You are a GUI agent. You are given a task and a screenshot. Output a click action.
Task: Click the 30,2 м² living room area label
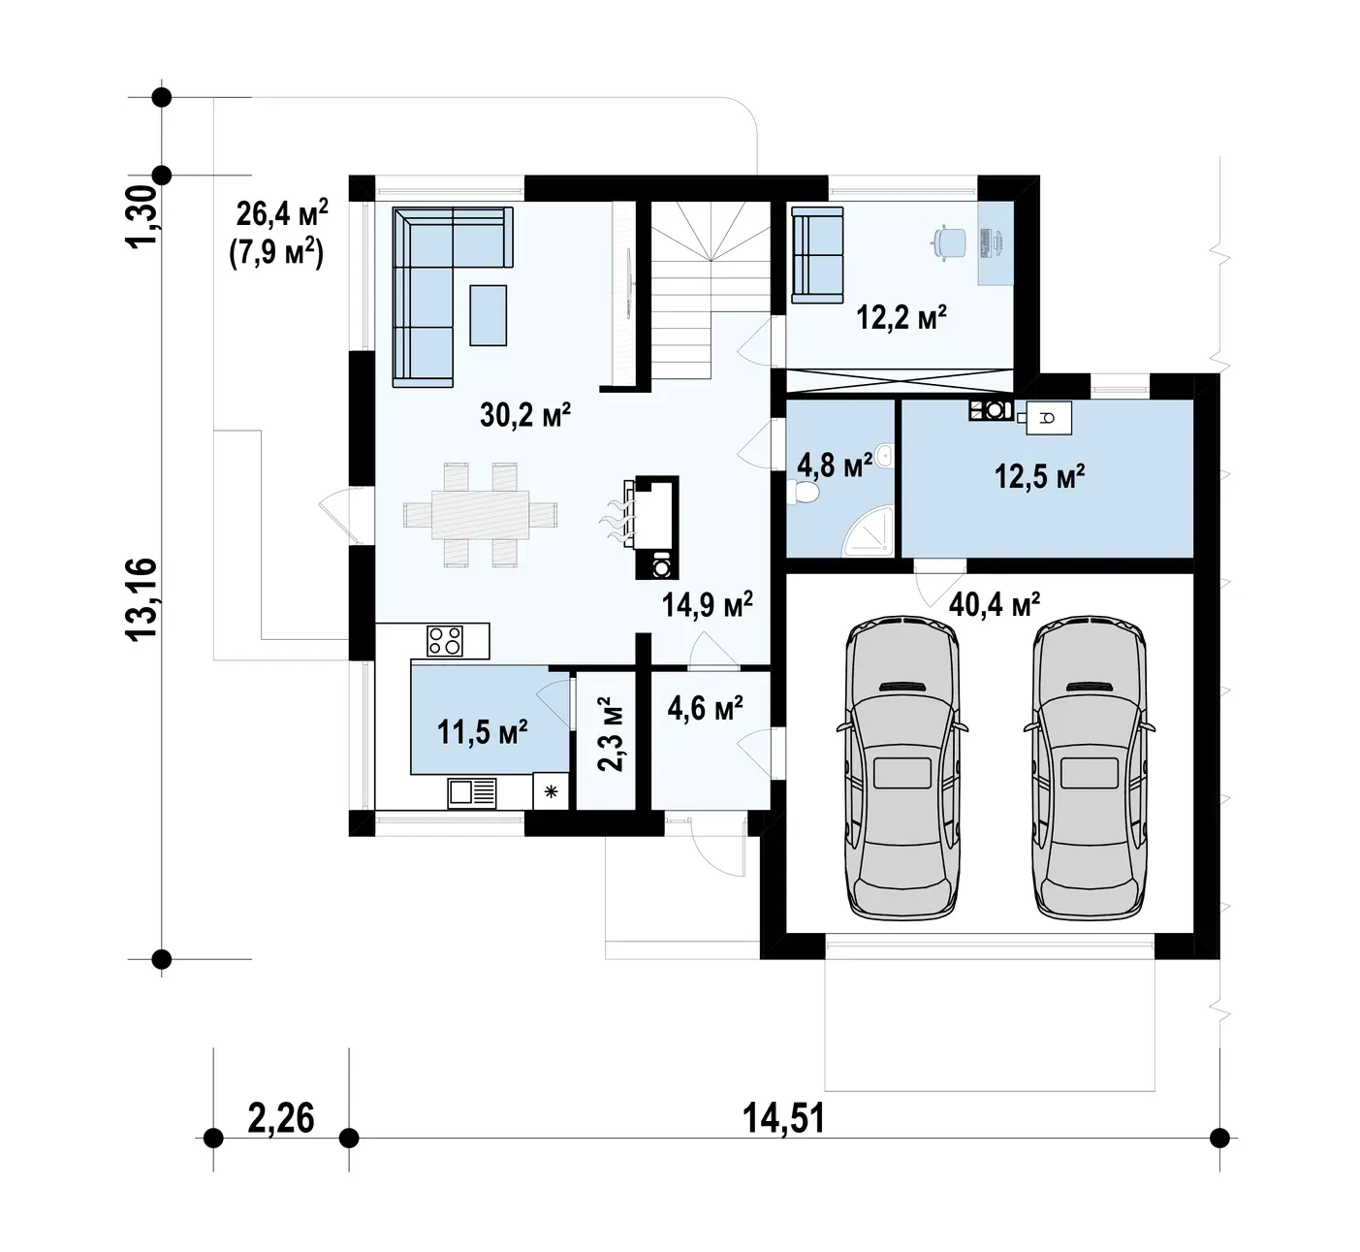pos(525,415)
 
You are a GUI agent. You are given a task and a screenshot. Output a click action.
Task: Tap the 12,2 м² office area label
pos(901,317)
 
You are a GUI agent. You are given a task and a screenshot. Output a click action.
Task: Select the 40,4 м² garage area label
pos(994,603)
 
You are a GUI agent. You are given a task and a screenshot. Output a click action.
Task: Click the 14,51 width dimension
pos(784,1118)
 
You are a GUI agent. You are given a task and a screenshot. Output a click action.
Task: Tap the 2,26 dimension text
pos(281,1118)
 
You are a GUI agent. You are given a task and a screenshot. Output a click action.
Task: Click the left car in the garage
pos(902,767)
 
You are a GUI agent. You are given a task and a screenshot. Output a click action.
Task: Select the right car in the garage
pos(1090,767)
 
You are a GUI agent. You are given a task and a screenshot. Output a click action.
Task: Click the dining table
pos(480,514)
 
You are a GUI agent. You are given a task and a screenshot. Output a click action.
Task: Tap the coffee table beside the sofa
pos(489,315)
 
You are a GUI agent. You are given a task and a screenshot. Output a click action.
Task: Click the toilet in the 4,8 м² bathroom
pos(805,492)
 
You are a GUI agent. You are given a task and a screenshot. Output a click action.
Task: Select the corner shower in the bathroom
pos(869,530)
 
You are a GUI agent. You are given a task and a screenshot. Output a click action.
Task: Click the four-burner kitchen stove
pos(445,641)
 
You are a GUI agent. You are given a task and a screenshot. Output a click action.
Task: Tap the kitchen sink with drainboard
pos(472,792)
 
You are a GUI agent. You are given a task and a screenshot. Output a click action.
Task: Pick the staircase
pos(711,290)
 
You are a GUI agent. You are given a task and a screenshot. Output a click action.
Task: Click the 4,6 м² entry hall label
pos(705,708)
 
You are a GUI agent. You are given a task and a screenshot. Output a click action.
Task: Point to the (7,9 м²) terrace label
pos(276,254)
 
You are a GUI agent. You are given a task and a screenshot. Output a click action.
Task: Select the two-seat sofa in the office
pos(817,254)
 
